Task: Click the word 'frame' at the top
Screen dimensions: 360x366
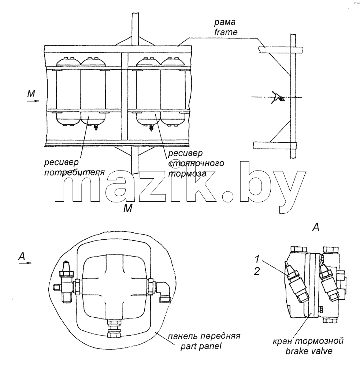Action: [226, 32]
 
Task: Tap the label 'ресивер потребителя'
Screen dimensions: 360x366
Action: [74, 167]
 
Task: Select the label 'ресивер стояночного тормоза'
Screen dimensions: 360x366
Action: [196, 164]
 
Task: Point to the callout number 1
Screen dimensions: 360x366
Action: [257, 259]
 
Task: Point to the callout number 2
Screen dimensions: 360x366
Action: [257, 271]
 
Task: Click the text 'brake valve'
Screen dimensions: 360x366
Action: [309, 351]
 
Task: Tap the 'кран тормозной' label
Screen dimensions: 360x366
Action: [308, 341]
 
